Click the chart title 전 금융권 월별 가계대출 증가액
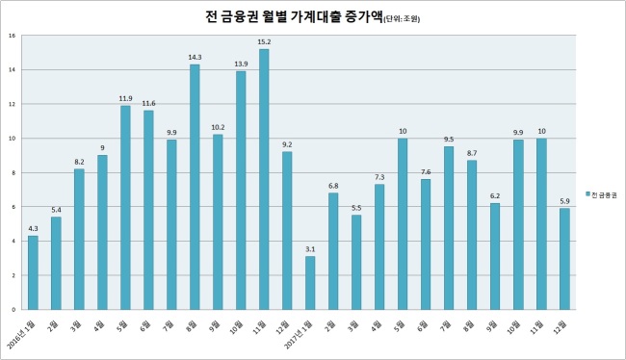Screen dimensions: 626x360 point(293,17)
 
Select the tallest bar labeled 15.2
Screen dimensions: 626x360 point(264,179)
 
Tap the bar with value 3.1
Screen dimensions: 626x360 point(310,283)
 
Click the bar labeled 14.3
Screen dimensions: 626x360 point(195,187)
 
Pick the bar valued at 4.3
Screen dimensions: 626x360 point(33,272)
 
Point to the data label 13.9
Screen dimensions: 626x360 point(241,64)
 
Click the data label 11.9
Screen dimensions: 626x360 point(125,98)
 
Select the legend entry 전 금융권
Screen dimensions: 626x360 point(601,194)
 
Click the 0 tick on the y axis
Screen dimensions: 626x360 point(13,309)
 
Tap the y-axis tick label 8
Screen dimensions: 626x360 point(13,172)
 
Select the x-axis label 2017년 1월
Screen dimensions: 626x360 point(300,334)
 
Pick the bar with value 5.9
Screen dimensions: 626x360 point(564,259)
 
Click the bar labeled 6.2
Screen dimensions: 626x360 point(495,256)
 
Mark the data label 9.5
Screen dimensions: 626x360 point(449,140)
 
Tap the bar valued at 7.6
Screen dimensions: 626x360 point(426,244)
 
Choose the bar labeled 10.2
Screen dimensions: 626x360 point(218,222)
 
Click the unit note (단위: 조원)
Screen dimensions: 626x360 point(402,19)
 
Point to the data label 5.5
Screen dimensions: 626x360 point(356,208)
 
